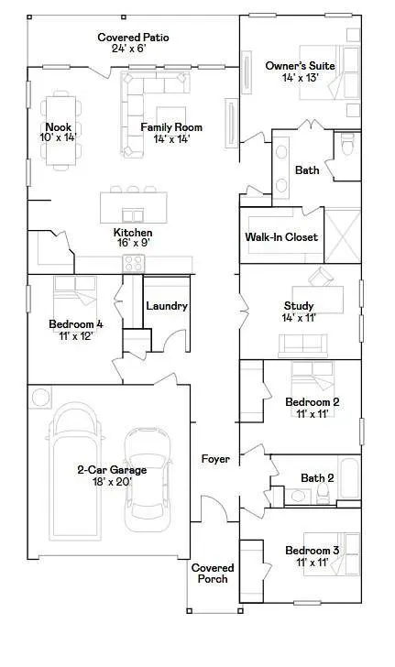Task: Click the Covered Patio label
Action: click(x=133, y=37)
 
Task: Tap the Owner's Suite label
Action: click(x=300, y=66)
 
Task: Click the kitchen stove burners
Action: click(x=134, y=263)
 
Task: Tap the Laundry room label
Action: click(x=167, y=306)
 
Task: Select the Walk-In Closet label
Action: click(x=281, y=237)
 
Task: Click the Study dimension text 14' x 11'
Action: click(x=299, y=318)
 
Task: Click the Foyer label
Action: click(x=215, y=458)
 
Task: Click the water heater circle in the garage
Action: click(x=41, y=398)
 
